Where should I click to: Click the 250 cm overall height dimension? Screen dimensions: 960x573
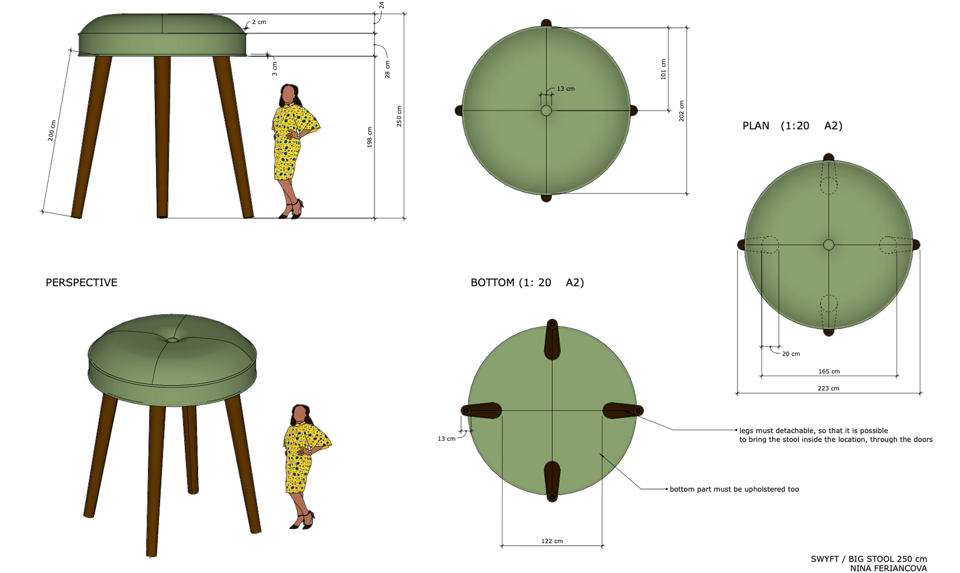(x=399, y=116)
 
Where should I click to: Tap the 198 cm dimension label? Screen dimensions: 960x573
(x=370, y=138)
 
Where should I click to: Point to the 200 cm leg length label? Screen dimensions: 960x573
(x=52, y=130)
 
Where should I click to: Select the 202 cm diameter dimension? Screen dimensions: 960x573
(x=682, y=111)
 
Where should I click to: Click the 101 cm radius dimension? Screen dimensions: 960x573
(x=664, y=69)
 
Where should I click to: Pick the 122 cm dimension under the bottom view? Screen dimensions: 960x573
(x=552, y=541)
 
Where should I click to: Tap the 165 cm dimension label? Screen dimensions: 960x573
(x=829, y=371)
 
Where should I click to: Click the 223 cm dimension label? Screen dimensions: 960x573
(x=829, y=388)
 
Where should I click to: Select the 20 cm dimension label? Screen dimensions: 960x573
(x=791, y=354)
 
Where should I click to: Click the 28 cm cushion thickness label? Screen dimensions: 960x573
(x=388, y=69)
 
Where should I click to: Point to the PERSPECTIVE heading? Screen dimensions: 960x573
(x=82, y=282)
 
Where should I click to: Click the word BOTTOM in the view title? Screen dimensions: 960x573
(x=493, y=282)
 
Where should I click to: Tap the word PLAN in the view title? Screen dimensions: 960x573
(x=756, y=126)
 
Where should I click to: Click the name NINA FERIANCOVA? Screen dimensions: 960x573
(x=889, y=568)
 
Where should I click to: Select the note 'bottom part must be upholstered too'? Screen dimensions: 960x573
(x=734, y=489)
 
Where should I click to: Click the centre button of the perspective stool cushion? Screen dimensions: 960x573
(x=172, y=340)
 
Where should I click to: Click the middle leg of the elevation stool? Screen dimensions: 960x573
(x=162, y=137)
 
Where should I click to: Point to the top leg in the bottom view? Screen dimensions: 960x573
(x=552, y=339)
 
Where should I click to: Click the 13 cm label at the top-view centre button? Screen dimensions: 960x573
(x=566, y=89)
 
